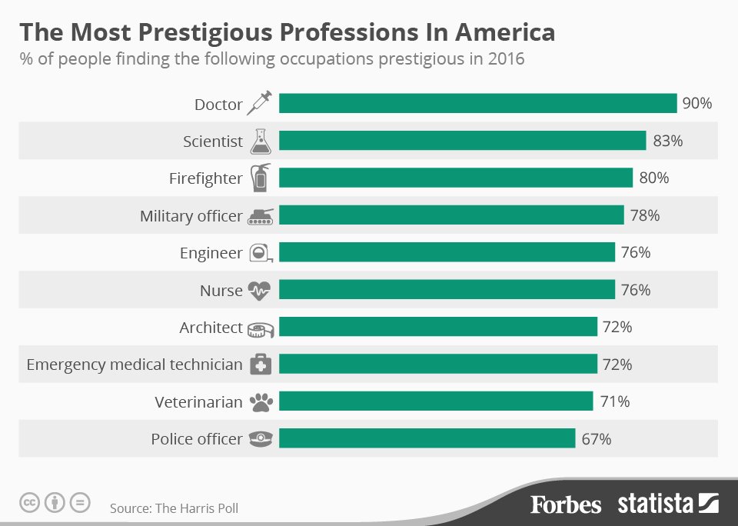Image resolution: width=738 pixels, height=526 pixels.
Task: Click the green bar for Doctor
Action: (x=477, y=103)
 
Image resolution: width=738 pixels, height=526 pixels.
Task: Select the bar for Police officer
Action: (x=427, y=438)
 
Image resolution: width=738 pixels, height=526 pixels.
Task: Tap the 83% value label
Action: (x=667, y=141)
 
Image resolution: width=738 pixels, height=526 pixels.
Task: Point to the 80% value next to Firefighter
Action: (x=653, y=178)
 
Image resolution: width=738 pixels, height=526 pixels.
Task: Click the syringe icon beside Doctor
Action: (x=260, y=103)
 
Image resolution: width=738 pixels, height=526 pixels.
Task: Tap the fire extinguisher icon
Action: (x=261, y=178)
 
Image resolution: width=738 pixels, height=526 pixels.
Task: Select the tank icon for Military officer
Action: (x=260, y=216)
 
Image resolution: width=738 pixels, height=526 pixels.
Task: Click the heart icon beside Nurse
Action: (x=260, y=290)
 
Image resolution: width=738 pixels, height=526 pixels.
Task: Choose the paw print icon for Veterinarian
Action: (x=260, y=401)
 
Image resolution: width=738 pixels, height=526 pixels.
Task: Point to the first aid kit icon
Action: (x=260, y=365)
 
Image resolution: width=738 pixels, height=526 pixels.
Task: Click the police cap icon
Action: (x=260, y=439)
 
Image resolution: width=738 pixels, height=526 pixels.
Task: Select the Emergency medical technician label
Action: (x=135, y=365)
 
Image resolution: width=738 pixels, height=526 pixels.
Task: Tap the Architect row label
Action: (x=211, y=328)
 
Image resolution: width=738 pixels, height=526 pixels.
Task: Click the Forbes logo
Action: (x=565, y=504)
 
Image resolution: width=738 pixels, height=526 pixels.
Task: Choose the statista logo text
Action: (x=656, y=504)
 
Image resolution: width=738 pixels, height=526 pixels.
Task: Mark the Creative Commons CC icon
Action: (x=29, y=503)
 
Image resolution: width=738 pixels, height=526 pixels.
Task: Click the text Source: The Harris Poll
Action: (x=174, y=508)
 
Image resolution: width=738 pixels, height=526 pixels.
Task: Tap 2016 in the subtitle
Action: (x=506, y=58)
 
